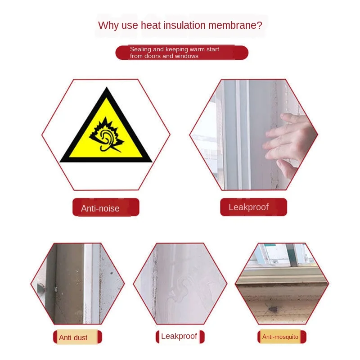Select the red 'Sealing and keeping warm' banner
click(182, 53)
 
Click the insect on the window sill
click(272, 309)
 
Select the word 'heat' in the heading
click(151, 25)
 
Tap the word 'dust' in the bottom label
click(81, 338)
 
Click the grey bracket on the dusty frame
click(40, 289)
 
